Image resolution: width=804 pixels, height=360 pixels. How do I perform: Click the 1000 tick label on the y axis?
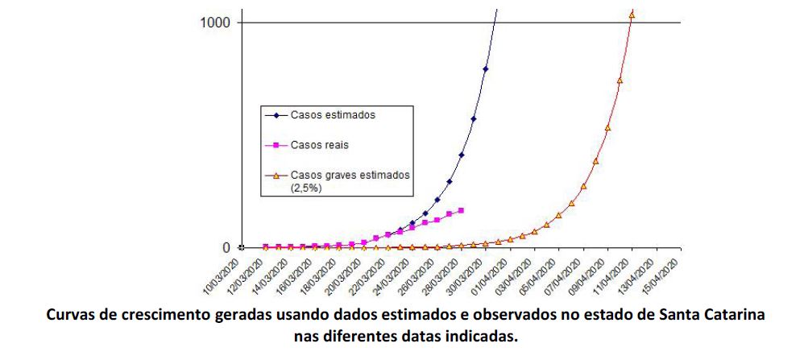tap(215, 22)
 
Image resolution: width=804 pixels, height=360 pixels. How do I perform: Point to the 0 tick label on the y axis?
tap(226, 247)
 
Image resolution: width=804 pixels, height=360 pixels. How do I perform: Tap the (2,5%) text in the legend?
tap(307, 188)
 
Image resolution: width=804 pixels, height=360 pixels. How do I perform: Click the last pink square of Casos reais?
tap(461, 211)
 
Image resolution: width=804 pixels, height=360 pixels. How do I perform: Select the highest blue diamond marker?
tap(486, 69)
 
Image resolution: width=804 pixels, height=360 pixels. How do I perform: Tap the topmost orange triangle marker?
tap(632, 14)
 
